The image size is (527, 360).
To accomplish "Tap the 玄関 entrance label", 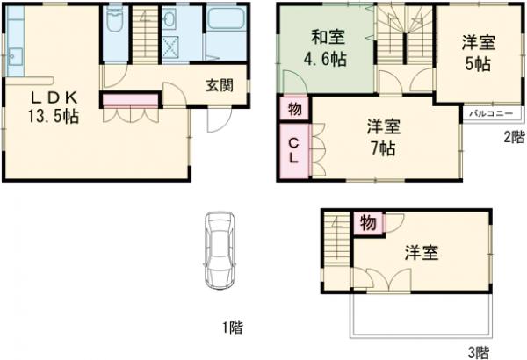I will pyautogui.click(x=220, y=85).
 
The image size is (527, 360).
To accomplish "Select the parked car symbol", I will pyautogui.click(x=217, y=249).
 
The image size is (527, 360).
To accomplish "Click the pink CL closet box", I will pyautogui.click(x=294, y=152).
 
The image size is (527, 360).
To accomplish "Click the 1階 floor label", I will pyautogui.click(x=231, y=328).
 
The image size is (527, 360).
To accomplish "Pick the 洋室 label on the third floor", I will pyautogui.click(x=422, y=253).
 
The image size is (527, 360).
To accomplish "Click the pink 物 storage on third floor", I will pyautogui.click(x=368, y=224).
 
